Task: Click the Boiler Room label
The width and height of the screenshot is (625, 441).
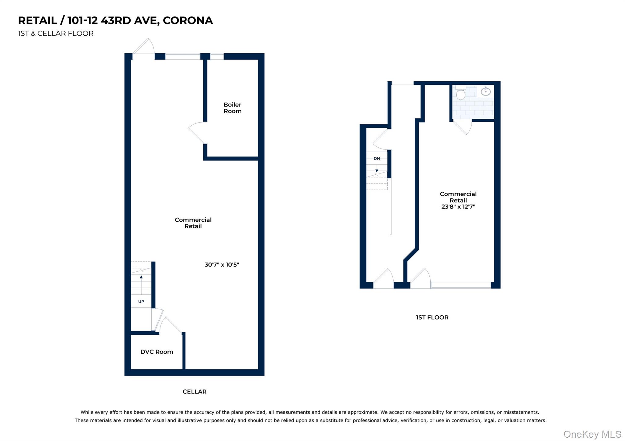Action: click(x=232, y=108)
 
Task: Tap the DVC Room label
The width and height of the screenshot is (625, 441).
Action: click(x=157, y=352)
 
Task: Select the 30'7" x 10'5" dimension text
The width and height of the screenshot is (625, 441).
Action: click(x=222, y=265)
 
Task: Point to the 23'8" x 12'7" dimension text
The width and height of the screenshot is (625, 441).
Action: click(x=458, y=207)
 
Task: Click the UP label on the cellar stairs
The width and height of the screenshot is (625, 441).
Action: click(x=141, y=302)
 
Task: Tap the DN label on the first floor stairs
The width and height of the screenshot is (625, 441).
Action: click(x=377, y=159)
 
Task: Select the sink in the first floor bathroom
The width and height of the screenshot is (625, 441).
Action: click(x=486, y=91)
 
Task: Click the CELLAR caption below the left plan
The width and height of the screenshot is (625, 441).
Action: click(x=194, y=392)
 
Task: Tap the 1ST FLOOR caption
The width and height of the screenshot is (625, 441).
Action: click(x=432, y=317)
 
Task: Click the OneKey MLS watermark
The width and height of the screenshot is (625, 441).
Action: click(x=592, y=434)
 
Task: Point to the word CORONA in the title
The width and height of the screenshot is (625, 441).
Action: click(x=188, y=20)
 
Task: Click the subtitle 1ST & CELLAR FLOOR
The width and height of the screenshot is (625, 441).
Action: click(x=56, y=34)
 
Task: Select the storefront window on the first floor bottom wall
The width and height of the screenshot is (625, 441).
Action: click(x=461, y=285)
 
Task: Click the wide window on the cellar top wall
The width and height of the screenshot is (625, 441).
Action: click(x=182, y=57)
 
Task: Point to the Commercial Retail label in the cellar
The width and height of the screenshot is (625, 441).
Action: click(x=193, y=223)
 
